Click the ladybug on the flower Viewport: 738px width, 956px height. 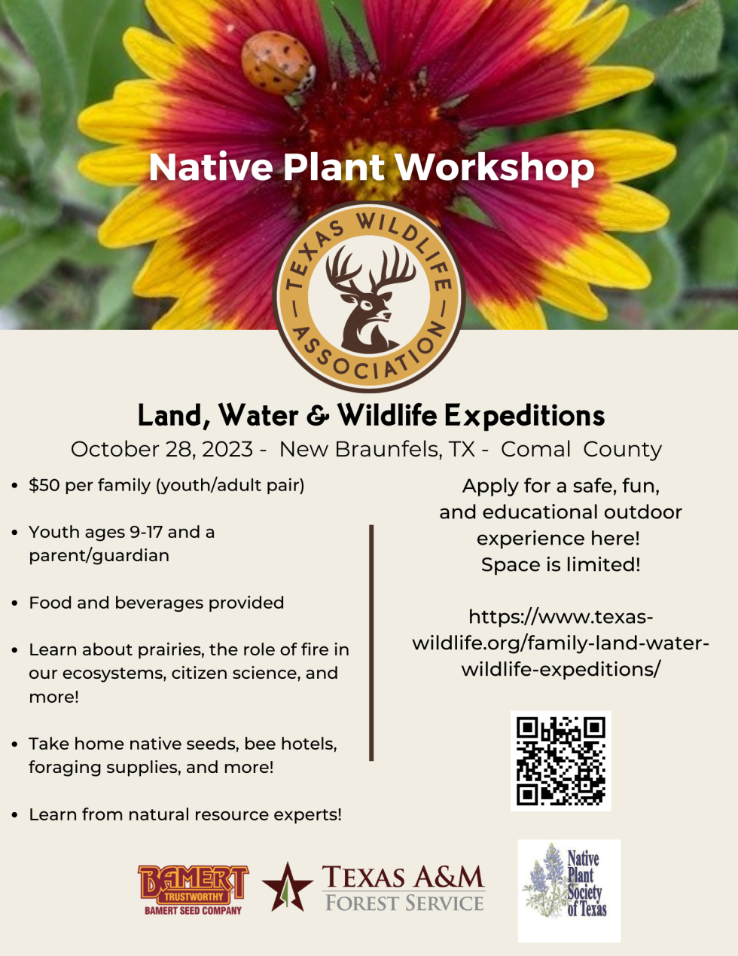coord(278,63)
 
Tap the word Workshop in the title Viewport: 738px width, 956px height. coord(495,167)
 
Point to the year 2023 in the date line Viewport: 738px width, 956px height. coord(227,449)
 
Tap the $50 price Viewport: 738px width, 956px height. coord(44,485)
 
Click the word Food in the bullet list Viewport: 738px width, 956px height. coord(50,603)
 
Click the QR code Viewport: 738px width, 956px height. coord(561,761)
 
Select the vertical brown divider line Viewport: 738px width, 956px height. coord(371,643)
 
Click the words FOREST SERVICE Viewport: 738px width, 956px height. coord(404,903)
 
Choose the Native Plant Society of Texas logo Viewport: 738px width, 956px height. coord(569,891)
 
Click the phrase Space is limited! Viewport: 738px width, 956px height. coord(561,565)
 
